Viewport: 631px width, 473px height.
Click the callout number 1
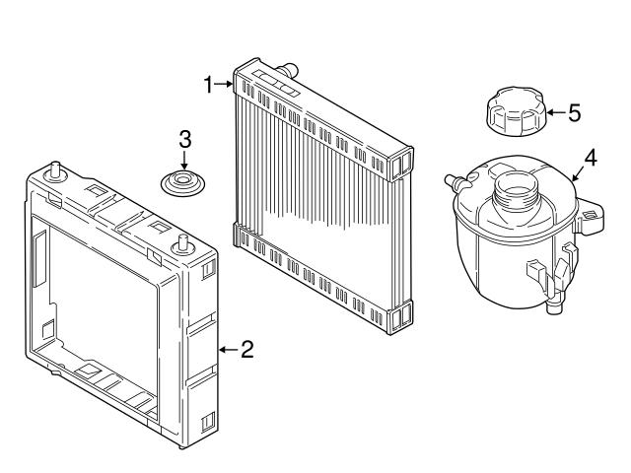tap(208, 85)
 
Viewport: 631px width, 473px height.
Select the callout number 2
tap(247, 349)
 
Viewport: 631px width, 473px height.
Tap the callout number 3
tap(184, 138)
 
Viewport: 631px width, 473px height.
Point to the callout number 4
tap(591, 157)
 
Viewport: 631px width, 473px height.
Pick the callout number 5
tap(574, 112)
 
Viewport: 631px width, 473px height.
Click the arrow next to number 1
tap(224, 86)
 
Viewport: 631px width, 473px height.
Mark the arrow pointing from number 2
tap(228, 349)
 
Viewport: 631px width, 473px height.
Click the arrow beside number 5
tap(554, 112)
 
